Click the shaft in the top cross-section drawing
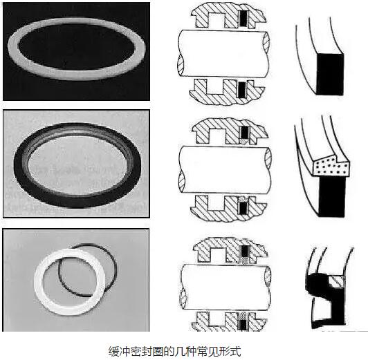[223, 54]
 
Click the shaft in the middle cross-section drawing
[224, 170]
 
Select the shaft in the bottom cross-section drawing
[226, 286]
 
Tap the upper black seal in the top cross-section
[243, 19]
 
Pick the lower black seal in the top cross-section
[242, 90]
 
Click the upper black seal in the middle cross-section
[245, 133]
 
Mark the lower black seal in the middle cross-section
[243, 208]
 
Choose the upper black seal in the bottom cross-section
[245, 252]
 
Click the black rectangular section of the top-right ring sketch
[330, 75]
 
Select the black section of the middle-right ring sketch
[332, 196]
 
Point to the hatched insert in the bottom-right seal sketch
[337, 281]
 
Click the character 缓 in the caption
[114, 351]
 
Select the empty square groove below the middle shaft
[215, 202]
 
